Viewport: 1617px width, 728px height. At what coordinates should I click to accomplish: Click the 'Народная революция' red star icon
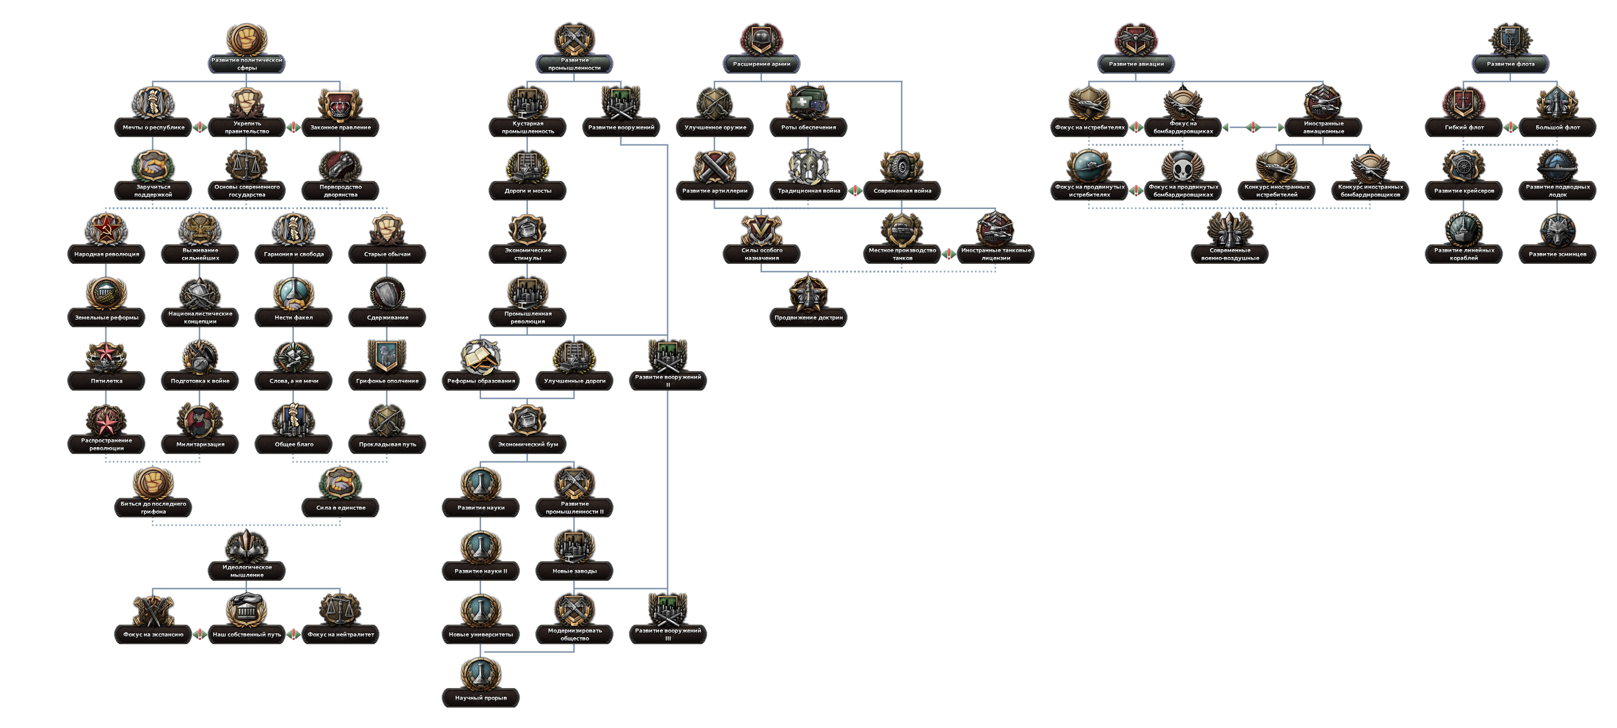tap(106, 229)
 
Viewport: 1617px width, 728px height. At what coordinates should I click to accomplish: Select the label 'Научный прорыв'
tap(481, 697)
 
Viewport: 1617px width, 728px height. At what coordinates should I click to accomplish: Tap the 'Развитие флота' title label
tap(1510, 63)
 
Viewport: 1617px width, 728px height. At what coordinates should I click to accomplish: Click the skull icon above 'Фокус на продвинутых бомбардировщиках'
tap(1183, 166)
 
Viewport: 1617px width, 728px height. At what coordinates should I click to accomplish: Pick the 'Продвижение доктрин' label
tap(808, 317)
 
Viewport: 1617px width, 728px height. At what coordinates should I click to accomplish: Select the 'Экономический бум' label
tap(527, 444)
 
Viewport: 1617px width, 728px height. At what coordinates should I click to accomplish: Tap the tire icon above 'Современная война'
tap(902, 166)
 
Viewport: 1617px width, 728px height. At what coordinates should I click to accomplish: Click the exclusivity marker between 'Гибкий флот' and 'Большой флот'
tap(1510, 127)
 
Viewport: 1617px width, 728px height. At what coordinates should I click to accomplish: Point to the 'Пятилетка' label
tap(106, 380)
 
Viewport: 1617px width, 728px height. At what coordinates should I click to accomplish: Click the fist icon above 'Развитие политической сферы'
tap(247, 39)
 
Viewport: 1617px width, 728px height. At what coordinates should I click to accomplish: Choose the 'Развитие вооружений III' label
tap(668, 634)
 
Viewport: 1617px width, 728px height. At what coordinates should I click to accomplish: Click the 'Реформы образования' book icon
tap(481, 356)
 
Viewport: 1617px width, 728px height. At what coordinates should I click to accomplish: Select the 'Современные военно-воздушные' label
tap(1230, 254)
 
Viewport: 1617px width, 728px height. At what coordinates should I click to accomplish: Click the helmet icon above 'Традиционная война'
tap(808, 166)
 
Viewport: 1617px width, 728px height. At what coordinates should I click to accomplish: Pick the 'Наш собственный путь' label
tap(247, 634)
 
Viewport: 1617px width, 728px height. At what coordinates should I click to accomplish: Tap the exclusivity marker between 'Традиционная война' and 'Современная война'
tap(855, 191)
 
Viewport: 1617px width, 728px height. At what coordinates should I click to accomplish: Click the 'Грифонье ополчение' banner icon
tap(387, 356)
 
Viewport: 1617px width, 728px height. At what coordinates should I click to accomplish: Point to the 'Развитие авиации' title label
tap(1136, 63)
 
